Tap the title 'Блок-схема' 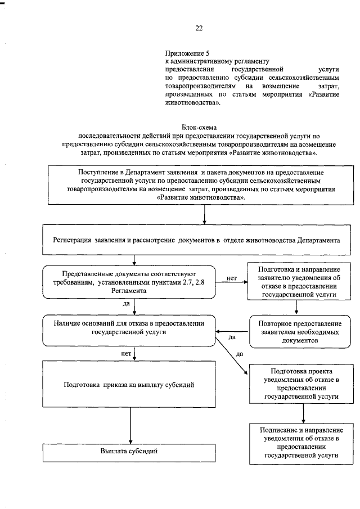click(x=199, y=128)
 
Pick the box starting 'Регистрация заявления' click(x=195, y=240)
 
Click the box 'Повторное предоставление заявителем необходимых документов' click(x=300, y=332)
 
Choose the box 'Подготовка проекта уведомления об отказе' click(x=300, y=384)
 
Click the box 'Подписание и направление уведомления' click(x=300, y=443)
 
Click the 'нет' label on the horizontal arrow click(x=231, y=278)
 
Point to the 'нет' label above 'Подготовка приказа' click(x=126, y=354)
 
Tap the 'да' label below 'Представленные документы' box click(x=127, y=303)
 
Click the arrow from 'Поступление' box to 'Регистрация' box click(x=204, y=215)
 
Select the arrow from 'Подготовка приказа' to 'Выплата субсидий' click(x=130, y=425)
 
